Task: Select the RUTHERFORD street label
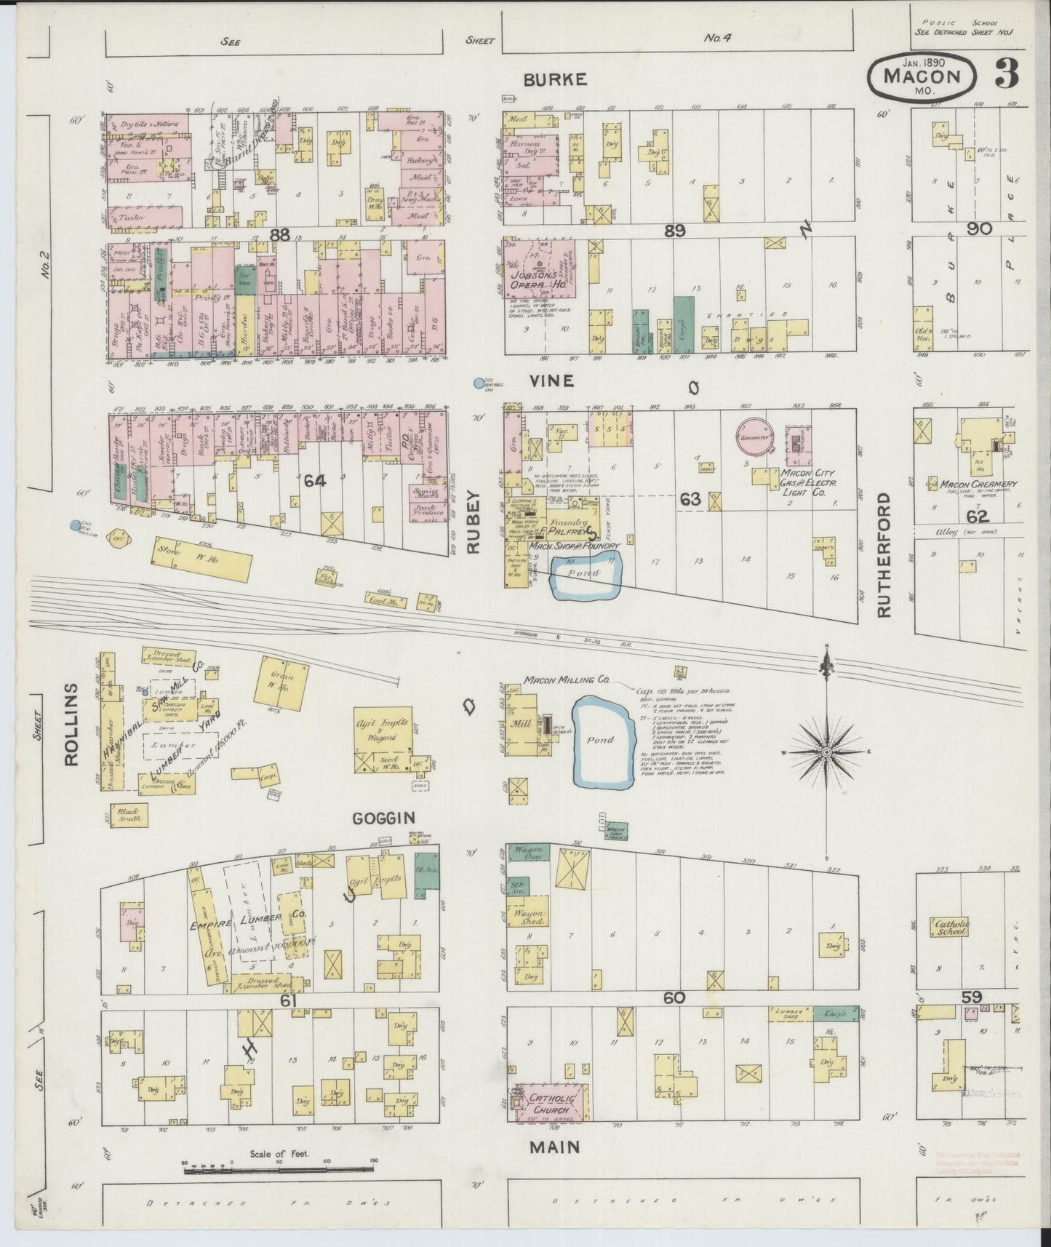click(884, 555)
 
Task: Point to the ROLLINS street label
click(71, 724)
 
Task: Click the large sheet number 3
click(1007, 73)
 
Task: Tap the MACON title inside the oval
click(922, 76)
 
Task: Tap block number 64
click(313, 479)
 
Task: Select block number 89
click(675, 231)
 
